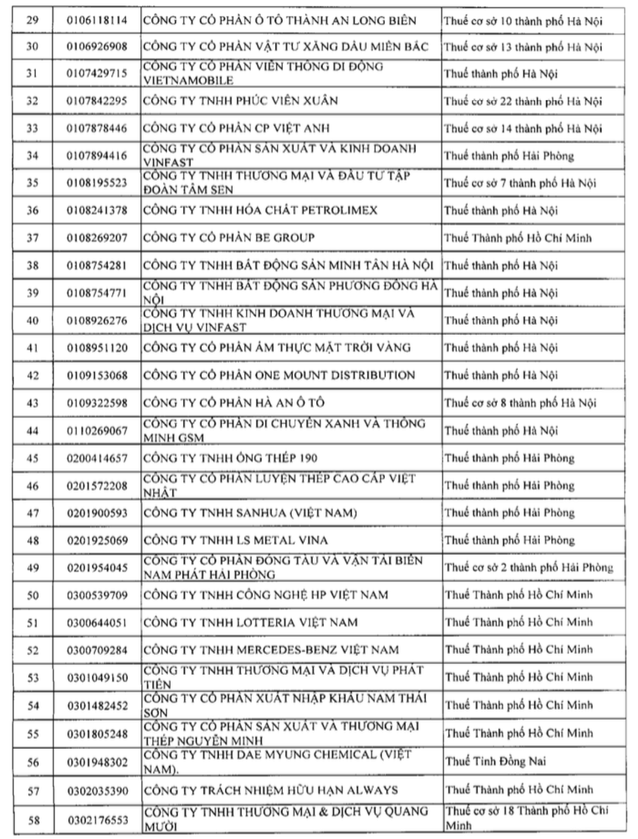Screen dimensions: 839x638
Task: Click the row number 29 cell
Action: [x=32, y=20]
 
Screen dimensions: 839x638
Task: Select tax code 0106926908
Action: [x=97, y=46]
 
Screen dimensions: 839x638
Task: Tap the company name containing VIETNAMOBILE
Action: [x=263, y=73]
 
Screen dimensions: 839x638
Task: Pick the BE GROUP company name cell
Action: [x=229, y=237]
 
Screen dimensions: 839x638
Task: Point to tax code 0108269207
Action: [x=97, y=237]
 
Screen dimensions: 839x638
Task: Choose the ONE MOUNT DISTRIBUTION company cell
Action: [x=279, y=375]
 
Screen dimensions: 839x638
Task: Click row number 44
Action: [x=32, y=430]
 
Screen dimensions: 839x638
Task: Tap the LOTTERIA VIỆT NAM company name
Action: [x=250, y=622]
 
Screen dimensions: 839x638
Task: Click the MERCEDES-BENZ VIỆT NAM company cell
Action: [x=271, y=650]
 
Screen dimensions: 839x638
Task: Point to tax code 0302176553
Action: [x=97, y=819]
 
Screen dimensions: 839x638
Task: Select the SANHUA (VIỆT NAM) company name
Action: [x=250, y=513]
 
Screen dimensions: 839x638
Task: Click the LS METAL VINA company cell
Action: [x=235, y=540]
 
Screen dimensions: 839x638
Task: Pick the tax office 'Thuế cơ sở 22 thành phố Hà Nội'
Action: [x=522, y=101]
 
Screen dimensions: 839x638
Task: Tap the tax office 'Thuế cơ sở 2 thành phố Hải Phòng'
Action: [x=529, y=567]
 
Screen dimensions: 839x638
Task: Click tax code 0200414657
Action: [x=97, y=458]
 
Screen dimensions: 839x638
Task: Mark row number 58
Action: [x=33, y=819]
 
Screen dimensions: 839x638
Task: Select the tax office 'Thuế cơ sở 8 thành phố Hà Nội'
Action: [x=520, y=403]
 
